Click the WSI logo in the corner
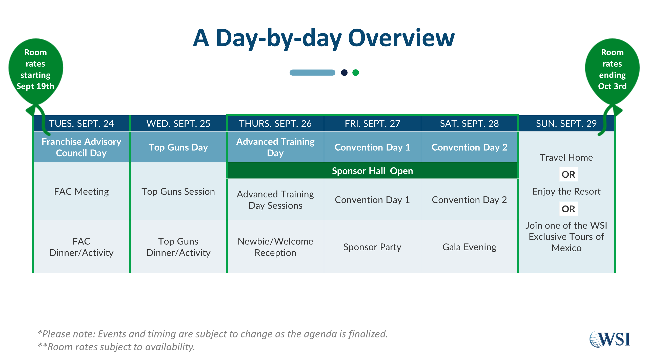610,339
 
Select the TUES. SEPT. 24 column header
82,123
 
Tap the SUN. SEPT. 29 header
566,123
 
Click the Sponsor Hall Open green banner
372,171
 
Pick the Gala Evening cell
469,247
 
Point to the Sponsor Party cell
372,247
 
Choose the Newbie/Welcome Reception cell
275,247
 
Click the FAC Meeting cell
82,191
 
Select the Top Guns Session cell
178,191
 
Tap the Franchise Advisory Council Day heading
82,147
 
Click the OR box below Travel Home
569,174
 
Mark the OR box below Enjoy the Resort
569,209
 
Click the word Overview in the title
401,38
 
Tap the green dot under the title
356,73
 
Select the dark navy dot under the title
344,73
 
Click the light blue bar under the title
312,73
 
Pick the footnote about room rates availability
116,347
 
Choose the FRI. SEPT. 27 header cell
372,123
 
